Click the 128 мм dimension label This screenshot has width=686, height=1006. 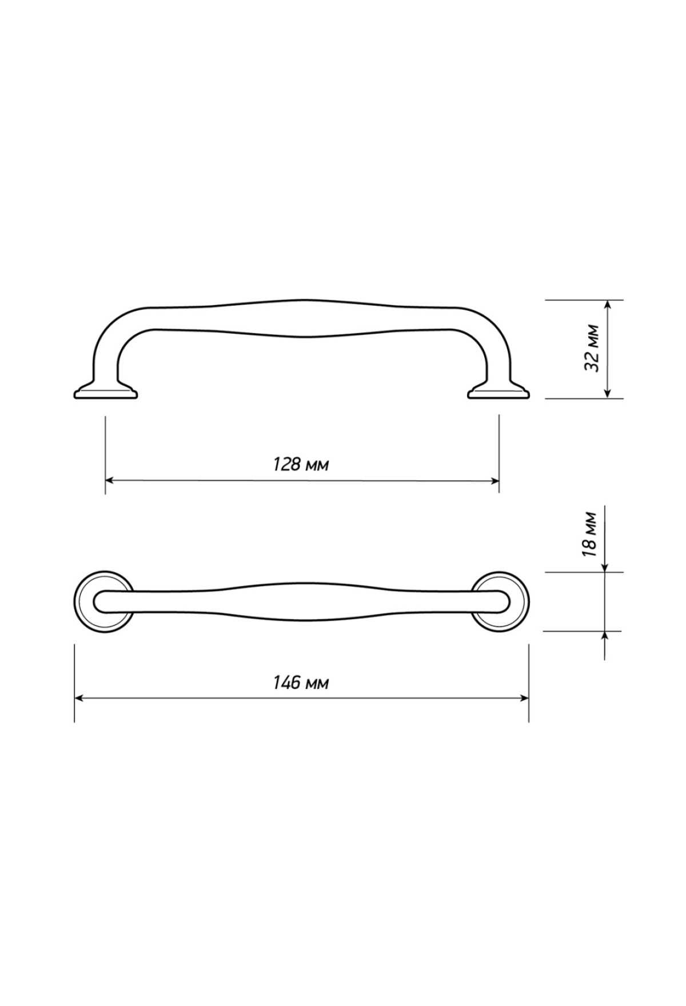(301, 464)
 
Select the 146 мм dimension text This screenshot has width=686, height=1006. (301, 682)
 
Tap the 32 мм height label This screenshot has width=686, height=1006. (592, 348)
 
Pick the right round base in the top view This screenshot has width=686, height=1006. (500, 602)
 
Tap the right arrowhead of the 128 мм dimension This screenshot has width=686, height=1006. (493, 481)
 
